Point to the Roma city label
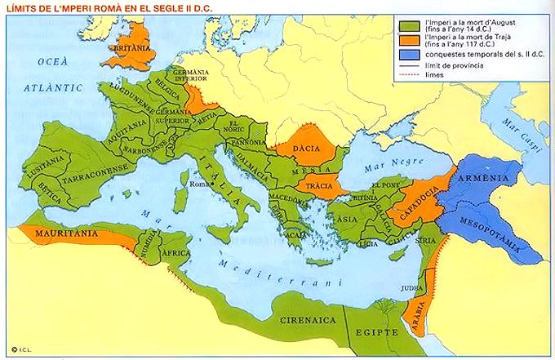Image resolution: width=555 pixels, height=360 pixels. [200, 184]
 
